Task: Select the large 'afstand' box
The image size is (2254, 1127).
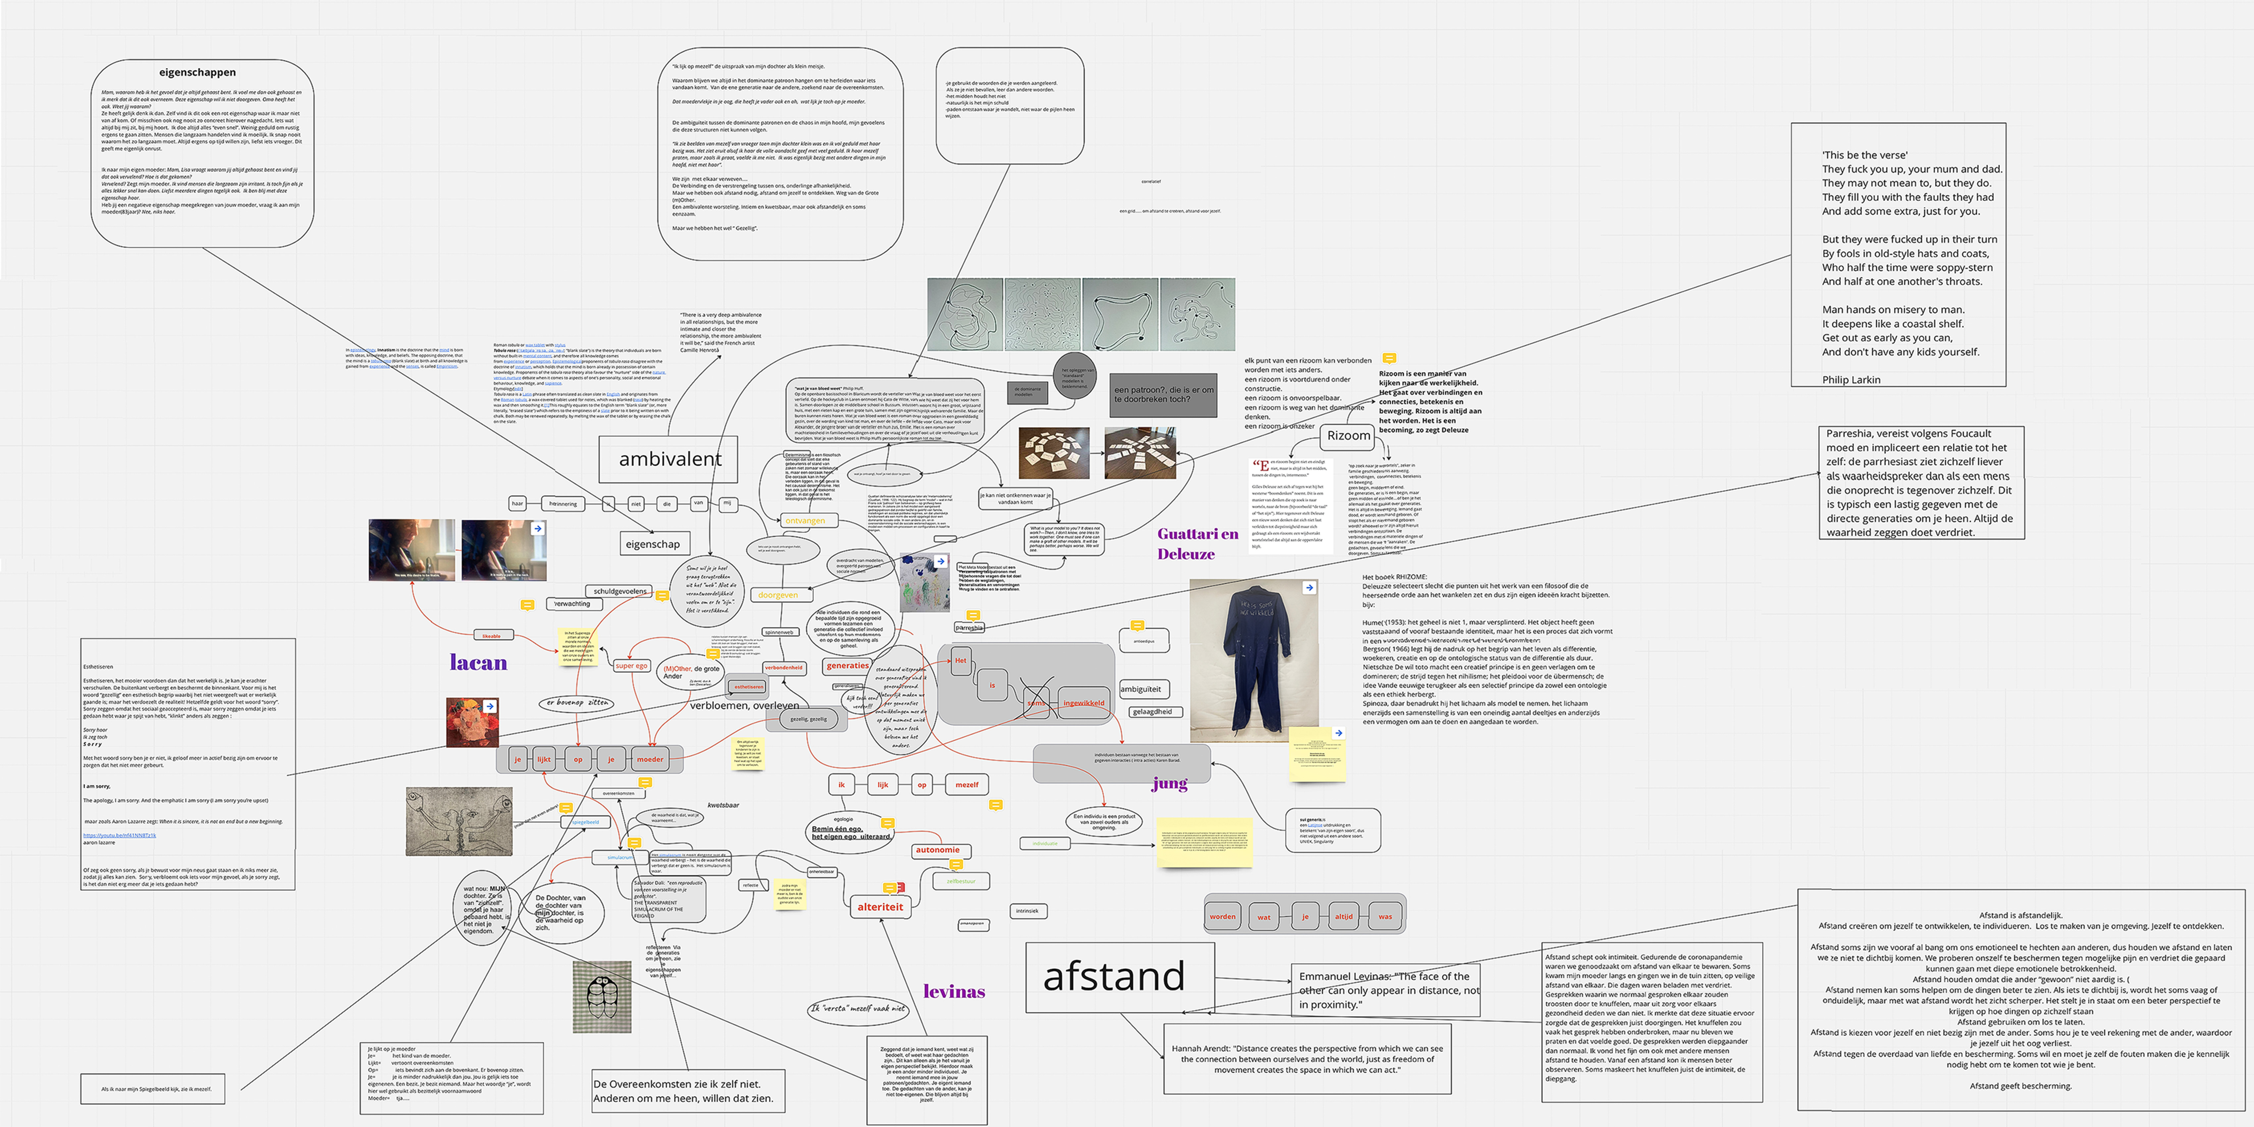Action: (1120, 977)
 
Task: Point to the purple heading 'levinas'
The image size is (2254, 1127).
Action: (954, 992)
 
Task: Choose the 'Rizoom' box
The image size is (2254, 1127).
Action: (1348, 436)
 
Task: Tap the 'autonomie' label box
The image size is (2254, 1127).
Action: (937, 850)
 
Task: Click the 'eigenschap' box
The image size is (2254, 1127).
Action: (653, 543)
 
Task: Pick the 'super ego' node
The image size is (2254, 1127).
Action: (631, 666)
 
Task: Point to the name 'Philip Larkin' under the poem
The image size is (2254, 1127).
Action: (1851, 380)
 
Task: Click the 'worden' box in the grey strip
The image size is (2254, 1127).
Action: (1222, 917)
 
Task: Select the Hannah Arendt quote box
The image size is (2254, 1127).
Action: (1307, 1059)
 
